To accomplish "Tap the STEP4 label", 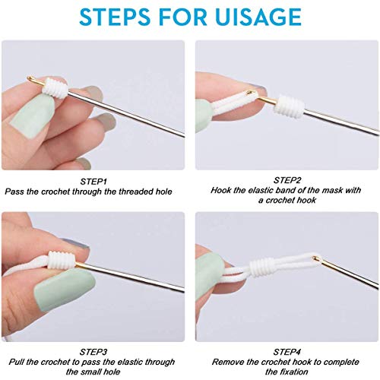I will tap(286, 352).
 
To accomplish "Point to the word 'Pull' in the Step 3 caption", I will tap(15, 363).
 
